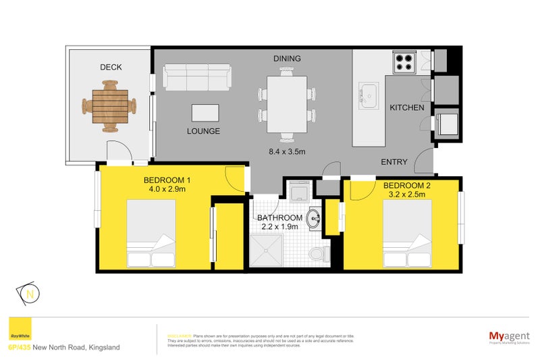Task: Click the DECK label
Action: click(110, 67)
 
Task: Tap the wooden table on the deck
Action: click(109, 106)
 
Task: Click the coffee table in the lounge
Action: click(205, 112)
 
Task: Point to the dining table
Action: click(288, 103)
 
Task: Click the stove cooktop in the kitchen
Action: click(404, 61)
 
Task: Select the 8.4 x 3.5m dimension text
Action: click(288, 152)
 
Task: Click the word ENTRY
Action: click(394, 161)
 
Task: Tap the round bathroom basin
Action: click(314, 219)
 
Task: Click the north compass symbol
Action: click(30, 294)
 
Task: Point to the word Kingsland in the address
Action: click(103, 347)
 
